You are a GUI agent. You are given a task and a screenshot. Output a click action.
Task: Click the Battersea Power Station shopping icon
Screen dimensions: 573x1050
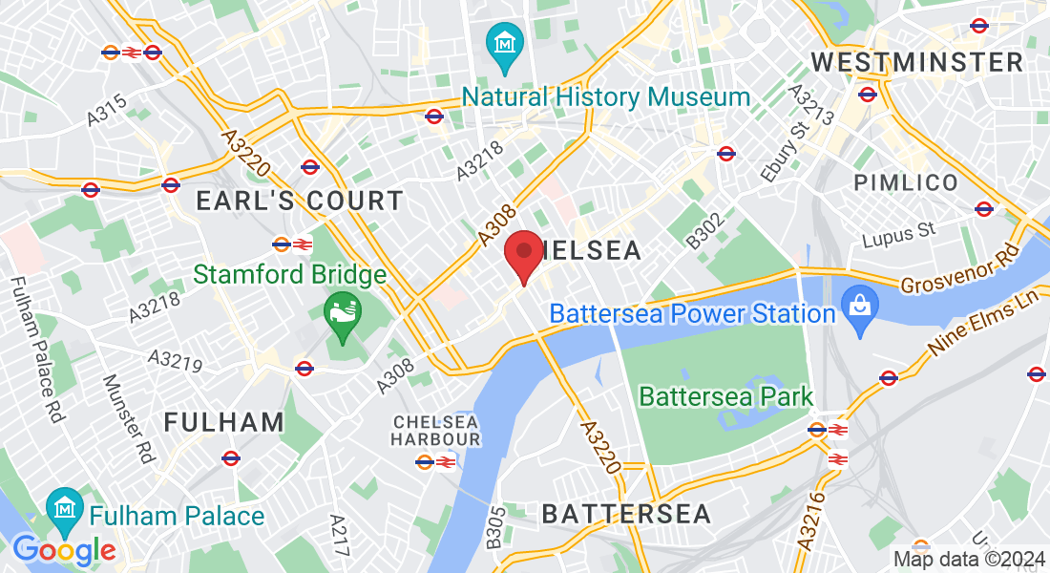coord(859,309)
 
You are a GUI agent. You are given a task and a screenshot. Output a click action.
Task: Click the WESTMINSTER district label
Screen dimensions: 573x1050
coord(916,63)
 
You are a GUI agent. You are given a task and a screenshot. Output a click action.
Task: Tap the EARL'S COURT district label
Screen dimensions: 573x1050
coord(299,201)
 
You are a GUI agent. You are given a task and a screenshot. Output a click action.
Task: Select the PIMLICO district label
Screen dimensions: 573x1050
coord(906,182)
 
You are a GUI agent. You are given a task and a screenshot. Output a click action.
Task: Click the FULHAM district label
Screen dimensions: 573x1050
coord(224,422)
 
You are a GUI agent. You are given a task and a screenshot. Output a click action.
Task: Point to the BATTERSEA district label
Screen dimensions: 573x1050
coord(626,514)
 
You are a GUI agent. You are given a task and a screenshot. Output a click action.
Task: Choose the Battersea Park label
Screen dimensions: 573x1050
coord(725,396)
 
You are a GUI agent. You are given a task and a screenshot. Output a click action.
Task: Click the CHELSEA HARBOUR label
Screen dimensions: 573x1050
coord(435,430)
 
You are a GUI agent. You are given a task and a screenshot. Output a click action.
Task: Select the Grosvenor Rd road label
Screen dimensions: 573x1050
coord(959,276)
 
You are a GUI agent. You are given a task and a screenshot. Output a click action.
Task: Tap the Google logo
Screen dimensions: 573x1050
coord(64,550)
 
